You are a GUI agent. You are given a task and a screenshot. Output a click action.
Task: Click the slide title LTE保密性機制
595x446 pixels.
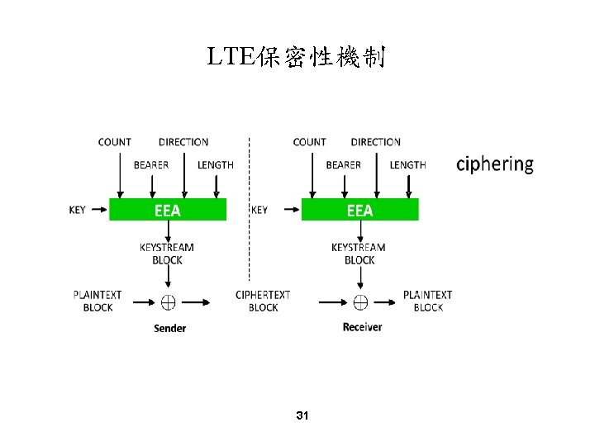297,58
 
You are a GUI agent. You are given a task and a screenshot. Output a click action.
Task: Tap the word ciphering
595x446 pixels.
495,164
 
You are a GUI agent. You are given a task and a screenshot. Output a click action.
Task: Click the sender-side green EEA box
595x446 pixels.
168,210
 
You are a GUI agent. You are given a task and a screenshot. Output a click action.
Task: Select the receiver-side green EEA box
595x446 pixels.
359,210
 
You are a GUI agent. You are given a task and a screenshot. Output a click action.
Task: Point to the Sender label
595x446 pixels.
169,328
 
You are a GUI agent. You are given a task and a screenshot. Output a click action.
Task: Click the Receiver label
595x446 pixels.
362,327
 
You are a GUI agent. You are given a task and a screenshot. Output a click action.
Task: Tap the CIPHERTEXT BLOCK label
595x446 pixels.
263,301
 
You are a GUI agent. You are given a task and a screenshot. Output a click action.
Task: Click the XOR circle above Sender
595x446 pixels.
168,301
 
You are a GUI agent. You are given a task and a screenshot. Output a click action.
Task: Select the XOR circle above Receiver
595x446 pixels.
360,301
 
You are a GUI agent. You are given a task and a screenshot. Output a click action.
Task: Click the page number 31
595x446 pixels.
302,415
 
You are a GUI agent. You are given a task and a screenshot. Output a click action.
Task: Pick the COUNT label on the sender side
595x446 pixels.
114,142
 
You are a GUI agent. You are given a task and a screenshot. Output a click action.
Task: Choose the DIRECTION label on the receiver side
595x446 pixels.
375,142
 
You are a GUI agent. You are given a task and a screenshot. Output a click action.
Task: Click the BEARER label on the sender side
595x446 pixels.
151,165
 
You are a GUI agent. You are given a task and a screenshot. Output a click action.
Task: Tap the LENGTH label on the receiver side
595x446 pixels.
407,165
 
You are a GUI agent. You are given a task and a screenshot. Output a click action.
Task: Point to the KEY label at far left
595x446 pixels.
77,210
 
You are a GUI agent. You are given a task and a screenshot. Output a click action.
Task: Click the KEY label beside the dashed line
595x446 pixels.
259,210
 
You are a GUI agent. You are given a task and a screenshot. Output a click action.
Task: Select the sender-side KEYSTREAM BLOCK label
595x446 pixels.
167,254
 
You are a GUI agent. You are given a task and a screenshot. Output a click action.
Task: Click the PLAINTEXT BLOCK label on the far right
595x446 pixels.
427,301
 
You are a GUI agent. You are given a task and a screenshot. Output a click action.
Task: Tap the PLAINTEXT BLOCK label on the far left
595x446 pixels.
98,301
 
